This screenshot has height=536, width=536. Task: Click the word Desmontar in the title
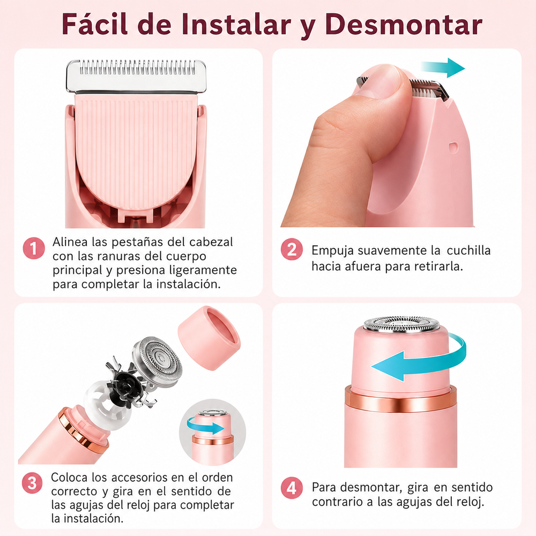[404, 25]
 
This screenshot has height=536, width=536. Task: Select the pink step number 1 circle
[34, 248]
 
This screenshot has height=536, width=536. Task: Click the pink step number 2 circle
[292, 249]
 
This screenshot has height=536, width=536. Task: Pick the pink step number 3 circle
[32, 483]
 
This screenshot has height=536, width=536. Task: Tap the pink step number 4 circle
[292, 488]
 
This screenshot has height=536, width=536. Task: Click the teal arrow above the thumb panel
[443, 68]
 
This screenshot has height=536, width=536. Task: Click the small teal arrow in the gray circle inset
[205, 427]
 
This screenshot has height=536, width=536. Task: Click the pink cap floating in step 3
[209, 338]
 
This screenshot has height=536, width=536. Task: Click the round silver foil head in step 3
[157, 362]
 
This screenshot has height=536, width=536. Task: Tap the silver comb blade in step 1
[136, 76]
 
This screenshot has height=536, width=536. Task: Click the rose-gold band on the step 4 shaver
[400, 399]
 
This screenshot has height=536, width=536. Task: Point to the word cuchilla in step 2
[468, 250]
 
